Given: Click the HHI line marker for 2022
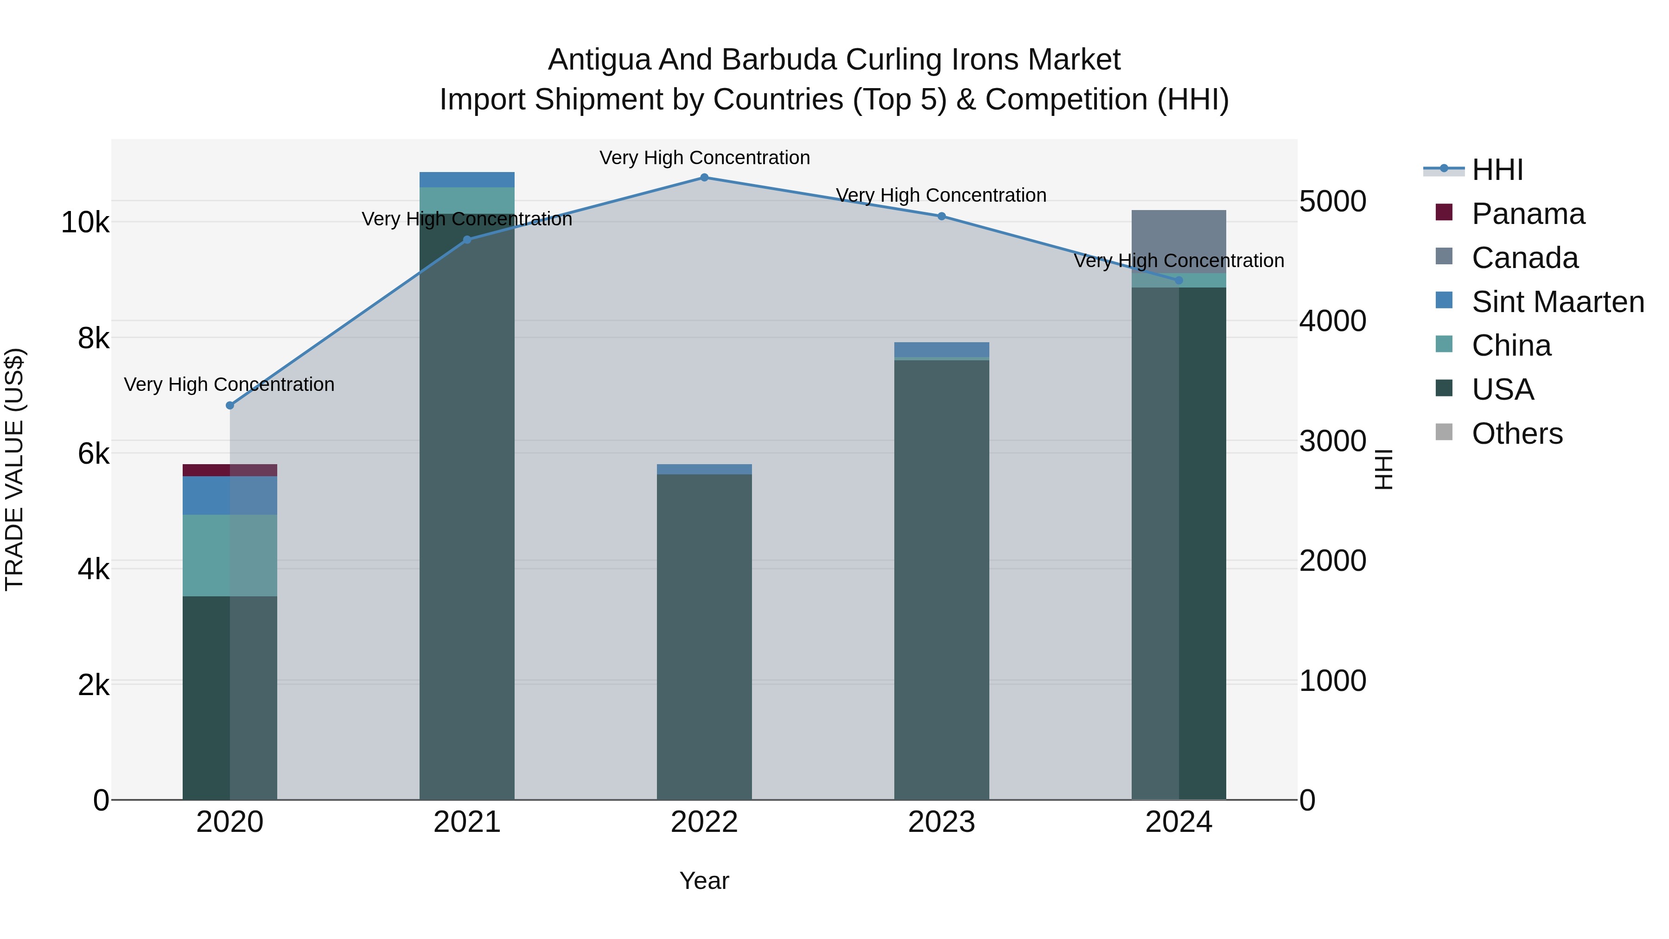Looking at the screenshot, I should pos(704,178).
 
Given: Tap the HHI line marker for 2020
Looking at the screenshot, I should pos(230,406).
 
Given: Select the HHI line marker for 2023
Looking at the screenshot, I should pos(942,217).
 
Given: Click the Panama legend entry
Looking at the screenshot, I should pos(1528,214).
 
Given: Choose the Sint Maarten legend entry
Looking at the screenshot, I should pos(1558,302).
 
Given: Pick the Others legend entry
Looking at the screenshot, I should pos(1517,434).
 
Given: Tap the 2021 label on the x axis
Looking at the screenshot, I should pos(466,822).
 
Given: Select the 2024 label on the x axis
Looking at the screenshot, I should pos(1178,822).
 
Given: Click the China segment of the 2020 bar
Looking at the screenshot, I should pos(230,556).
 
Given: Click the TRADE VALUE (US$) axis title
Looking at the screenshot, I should pos(14,469).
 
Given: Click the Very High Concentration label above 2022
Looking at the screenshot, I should pos(704,158).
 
